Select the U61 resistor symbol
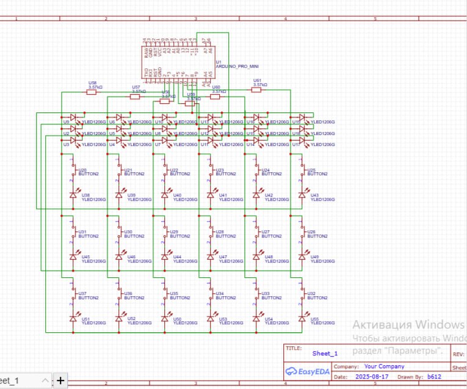tap(256, 90)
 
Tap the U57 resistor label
tap(136, 87)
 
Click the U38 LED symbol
tap(73, 195)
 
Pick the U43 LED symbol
tap(302, 195)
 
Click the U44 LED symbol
tap(164, 257)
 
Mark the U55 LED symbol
tap(302, 319)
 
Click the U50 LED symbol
tap(164, 319)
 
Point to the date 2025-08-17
tap(371, 376)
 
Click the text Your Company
tap(384, 366)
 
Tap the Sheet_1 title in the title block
tap(324, 354)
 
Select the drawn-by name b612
tap(434, 376)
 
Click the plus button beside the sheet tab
tap(60, 381)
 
